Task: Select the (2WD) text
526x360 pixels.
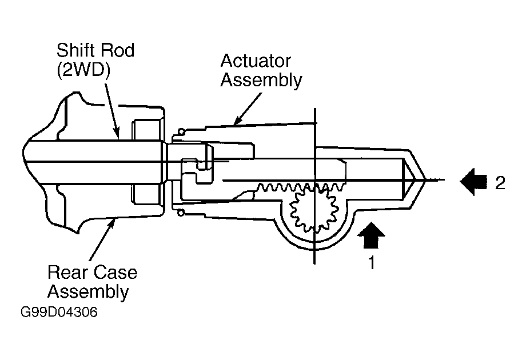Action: point(83,71)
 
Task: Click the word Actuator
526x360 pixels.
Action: point(256,61)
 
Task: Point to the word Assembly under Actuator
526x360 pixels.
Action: point(261,81)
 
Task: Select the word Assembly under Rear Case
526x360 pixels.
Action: point(88,291)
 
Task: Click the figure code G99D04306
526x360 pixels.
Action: point(59,312)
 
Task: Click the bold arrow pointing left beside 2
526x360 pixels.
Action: point(473,181)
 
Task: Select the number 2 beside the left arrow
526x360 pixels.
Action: point(500,183)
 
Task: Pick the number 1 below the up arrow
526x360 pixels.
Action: point(372,262)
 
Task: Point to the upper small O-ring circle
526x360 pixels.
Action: point(181,131)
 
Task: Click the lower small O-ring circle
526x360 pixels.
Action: point(181,213)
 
